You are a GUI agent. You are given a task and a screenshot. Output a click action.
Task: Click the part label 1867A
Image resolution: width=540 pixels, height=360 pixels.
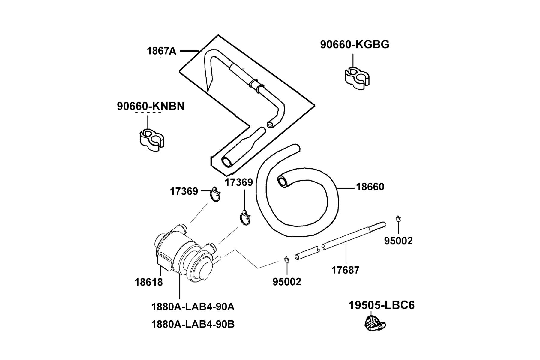[x=161, y=51]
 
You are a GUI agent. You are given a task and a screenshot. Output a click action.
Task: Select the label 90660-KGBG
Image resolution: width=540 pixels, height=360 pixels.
[x=355, y=44]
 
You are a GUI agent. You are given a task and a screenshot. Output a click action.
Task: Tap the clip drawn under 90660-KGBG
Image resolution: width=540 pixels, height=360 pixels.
[x=357, y=78]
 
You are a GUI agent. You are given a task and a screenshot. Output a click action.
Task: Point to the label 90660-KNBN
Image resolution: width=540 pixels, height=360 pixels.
[x=151, y=106]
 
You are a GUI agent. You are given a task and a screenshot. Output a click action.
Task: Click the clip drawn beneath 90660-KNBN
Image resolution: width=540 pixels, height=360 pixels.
[x=152, y=140]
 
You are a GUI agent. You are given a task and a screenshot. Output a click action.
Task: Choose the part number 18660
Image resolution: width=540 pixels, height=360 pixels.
[x=370, y=187]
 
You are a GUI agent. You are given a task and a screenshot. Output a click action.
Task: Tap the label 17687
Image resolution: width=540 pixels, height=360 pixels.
[x=345, y=270]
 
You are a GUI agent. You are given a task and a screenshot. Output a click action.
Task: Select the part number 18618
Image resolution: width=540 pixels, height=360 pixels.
[x=149, y=282]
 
